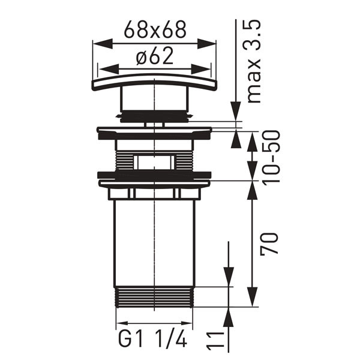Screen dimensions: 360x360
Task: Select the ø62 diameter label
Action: (x=155, y=57)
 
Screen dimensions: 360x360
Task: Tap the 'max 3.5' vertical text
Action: (x=254, y=60)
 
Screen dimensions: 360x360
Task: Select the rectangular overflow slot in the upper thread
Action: (x=154, y=161)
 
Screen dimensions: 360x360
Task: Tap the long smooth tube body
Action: (x=154, y=240)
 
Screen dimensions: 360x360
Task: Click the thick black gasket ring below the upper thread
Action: (x=154, y=176)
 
